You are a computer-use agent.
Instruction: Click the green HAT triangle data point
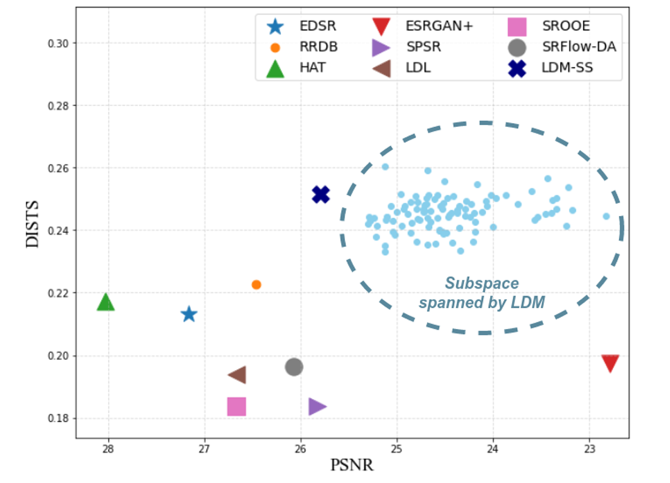point(106,302)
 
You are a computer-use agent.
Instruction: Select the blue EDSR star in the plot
point(189,314)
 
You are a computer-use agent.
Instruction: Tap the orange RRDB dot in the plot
point(256,285)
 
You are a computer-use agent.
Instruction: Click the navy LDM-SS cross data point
point(321,194)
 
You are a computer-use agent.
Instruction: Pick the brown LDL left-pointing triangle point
point(237,375)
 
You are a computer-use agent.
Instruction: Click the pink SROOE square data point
point(236,407)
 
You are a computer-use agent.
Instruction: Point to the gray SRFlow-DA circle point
point(294,367)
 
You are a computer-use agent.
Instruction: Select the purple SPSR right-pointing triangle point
point(317,407)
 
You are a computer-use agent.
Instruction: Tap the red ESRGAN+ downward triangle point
point(610,363)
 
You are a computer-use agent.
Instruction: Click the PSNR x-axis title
point(352,466)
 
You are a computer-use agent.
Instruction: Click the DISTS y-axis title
point(34,224)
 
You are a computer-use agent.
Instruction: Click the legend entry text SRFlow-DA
point(579,47)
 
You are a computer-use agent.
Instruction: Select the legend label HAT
point(313,67)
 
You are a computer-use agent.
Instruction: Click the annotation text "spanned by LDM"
point(482,302)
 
